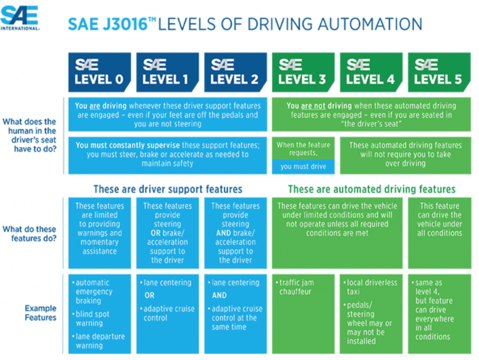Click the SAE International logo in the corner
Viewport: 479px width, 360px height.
[x=20, y=18]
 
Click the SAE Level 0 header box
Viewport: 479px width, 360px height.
[x=99, y=72]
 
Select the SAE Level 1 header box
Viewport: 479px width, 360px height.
[x=168, y=72]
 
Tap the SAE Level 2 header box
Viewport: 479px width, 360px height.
[x=235, y=72]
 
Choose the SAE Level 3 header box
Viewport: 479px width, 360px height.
[x=303, y=72]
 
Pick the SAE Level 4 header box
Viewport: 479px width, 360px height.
[x=371, y=72]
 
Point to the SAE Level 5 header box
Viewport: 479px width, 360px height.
[x=439, y=72]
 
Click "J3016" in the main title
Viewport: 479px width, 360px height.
[x=125, y=25]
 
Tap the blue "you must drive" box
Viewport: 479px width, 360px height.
[x=303, y=167]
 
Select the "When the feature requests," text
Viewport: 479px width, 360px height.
[x=304, y=149]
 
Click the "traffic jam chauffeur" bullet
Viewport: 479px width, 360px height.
[x=295, y=287]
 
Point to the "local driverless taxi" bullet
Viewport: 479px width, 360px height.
[x=370, y=287]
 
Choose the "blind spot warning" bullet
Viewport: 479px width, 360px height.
[x=90, y=319]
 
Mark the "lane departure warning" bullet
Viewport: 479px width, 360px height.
[x=98, y=341]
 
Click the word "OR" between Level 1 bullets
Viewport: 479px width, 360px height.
[x=149, y=295]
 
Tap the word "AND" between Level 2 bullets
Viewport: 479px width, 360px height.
[x=219, y=295]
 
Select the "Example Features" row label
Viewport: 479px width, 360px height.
[x=41, y=313]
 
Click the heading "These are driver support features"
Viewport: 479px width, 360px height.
[x=168, y=189]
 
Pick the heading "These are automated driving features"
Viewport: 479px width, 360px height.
[x=371, y=189]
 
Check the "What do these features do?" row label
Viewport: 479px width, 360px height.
[x=29, y=234]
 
